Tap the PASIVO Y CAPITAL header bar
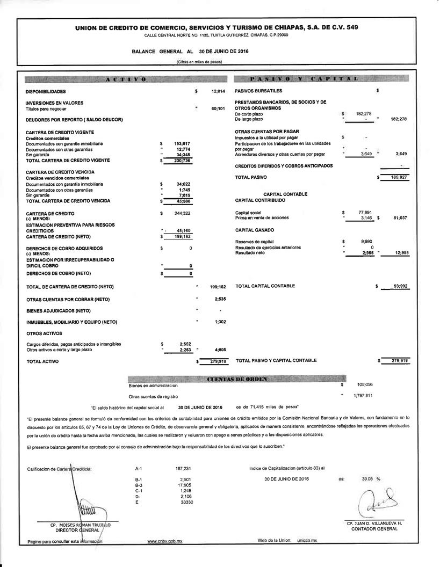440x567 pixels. pyautogui.click(x=322, y=79)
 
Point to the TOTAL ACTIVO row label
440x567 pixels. pyautogui.click(x=43, y=362)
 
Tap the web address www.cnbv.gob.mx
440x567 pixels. pyautogui.click(x=164, y=541)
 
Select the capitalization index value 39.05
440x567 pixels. pyautogui.click(x=367, y=478)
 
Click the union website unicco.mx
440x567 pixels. pyautogui.click(x=307, y=540)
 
